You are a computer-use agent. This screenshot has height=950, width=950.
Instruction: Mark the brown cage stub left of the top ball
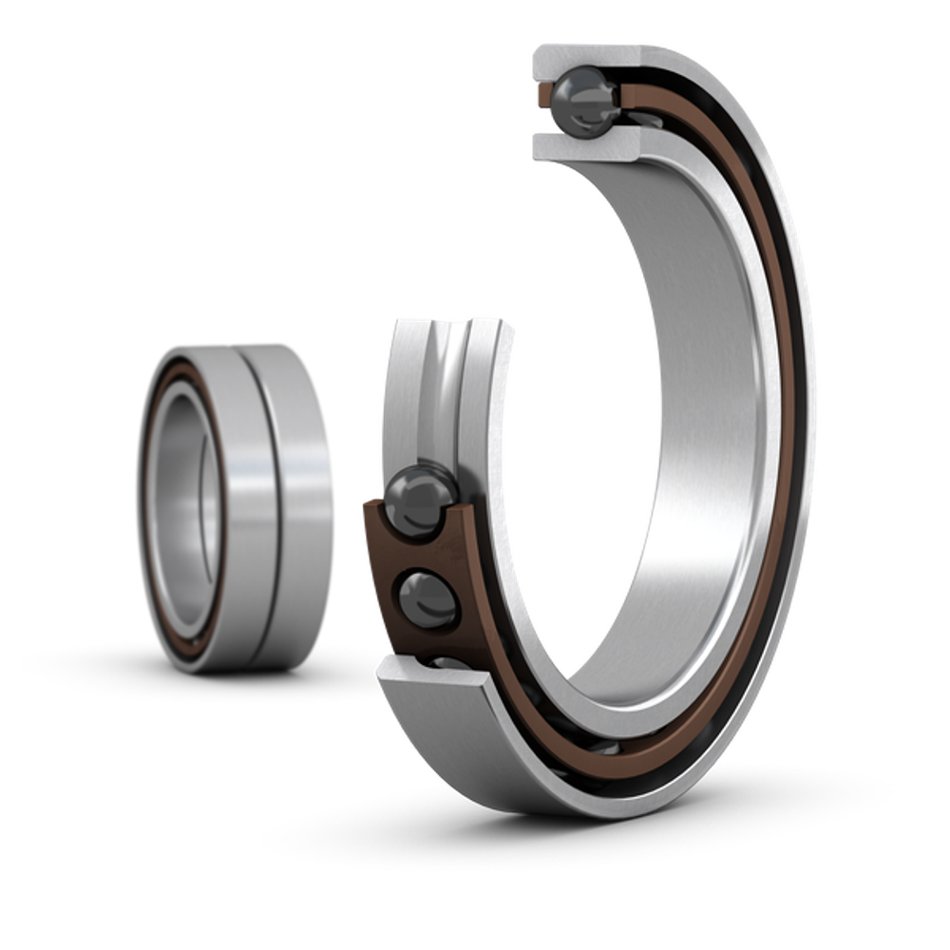542,95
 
